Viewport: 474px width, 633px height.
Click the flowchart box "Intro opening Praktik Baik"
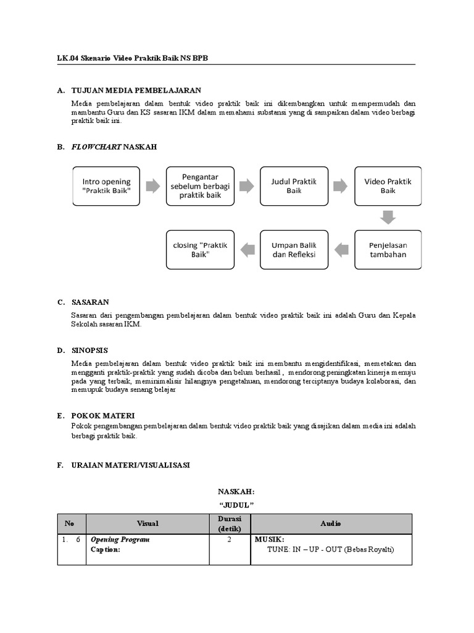pos(107,186)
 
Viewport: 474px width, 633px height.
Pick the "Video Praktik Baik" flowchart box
pos(388,186)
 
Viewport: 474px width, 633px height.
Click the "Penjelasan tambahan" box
pos(388,250)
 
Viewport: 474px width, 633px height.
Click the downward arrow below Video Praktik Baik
pos(388,218)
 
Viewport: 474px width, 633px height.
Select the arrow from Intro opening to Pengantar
pos(153,186)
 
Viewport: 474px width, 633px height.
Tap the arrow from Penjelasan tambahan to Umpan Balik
pos(341,250)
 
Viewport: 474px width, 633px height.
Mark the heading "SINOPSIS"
pos(89,350)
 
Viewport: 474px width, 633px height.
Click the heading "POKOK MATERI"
pos(103,416)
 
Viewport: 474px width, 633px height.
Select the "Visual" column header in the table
pos(148,524)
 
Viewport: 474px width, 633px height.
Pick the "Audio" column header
pos(331,524)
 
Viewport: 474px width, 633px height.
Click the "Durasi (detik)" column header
pos(229,524)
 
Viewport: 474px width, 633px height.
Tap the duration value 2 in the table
pos(229,540)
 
